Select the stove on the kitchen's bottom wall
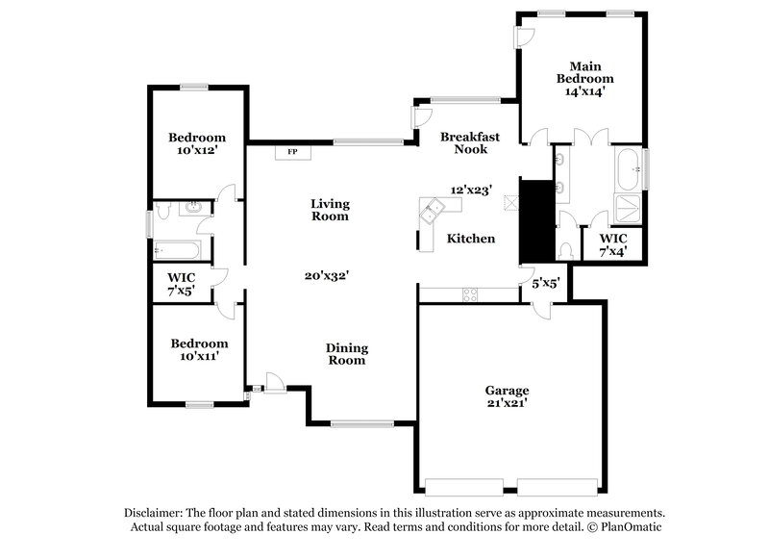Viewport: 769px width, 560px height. click(x=471, y=293)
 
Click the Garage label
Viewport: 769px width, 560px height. click(x=506, y=390)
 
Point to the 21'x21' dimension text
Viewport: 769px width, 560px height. click(x=506, y=404)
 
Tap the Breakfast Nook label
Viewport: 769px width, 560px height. click(x=470, y=143)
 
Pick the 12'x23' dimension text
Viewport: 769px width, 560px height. click(x=471, y=190)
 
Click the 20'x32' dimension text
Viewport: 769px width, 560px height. click(x=326, y=274)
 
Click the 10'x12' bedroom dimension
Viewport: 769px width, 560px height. click(x=197, y=152)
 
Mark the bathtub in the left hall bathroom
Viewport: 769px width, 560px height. click(x=179, y=252)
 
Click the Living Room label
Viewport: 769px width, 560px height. click(x=330, y=210)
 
